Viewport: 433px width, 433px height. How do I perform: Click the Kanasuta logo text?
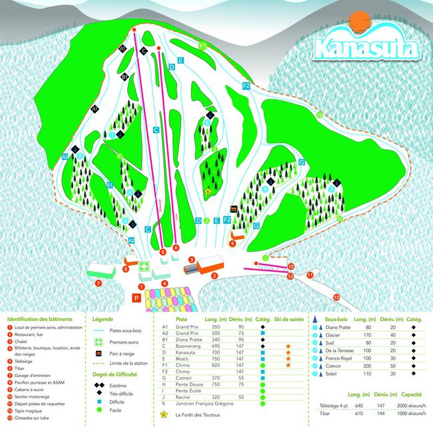(x=366, y=48)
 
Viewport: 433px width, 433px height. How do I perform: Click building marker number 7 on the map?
(x=98, y=283)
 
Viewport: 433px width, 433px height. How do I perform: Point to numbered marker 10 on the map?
(x=336, y=297)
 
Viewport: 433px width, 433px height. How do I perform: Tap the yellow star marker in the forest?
(x=208, y=191)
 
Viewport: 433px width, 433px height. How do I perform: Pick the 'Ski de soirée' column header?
(x=287, y=319)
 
